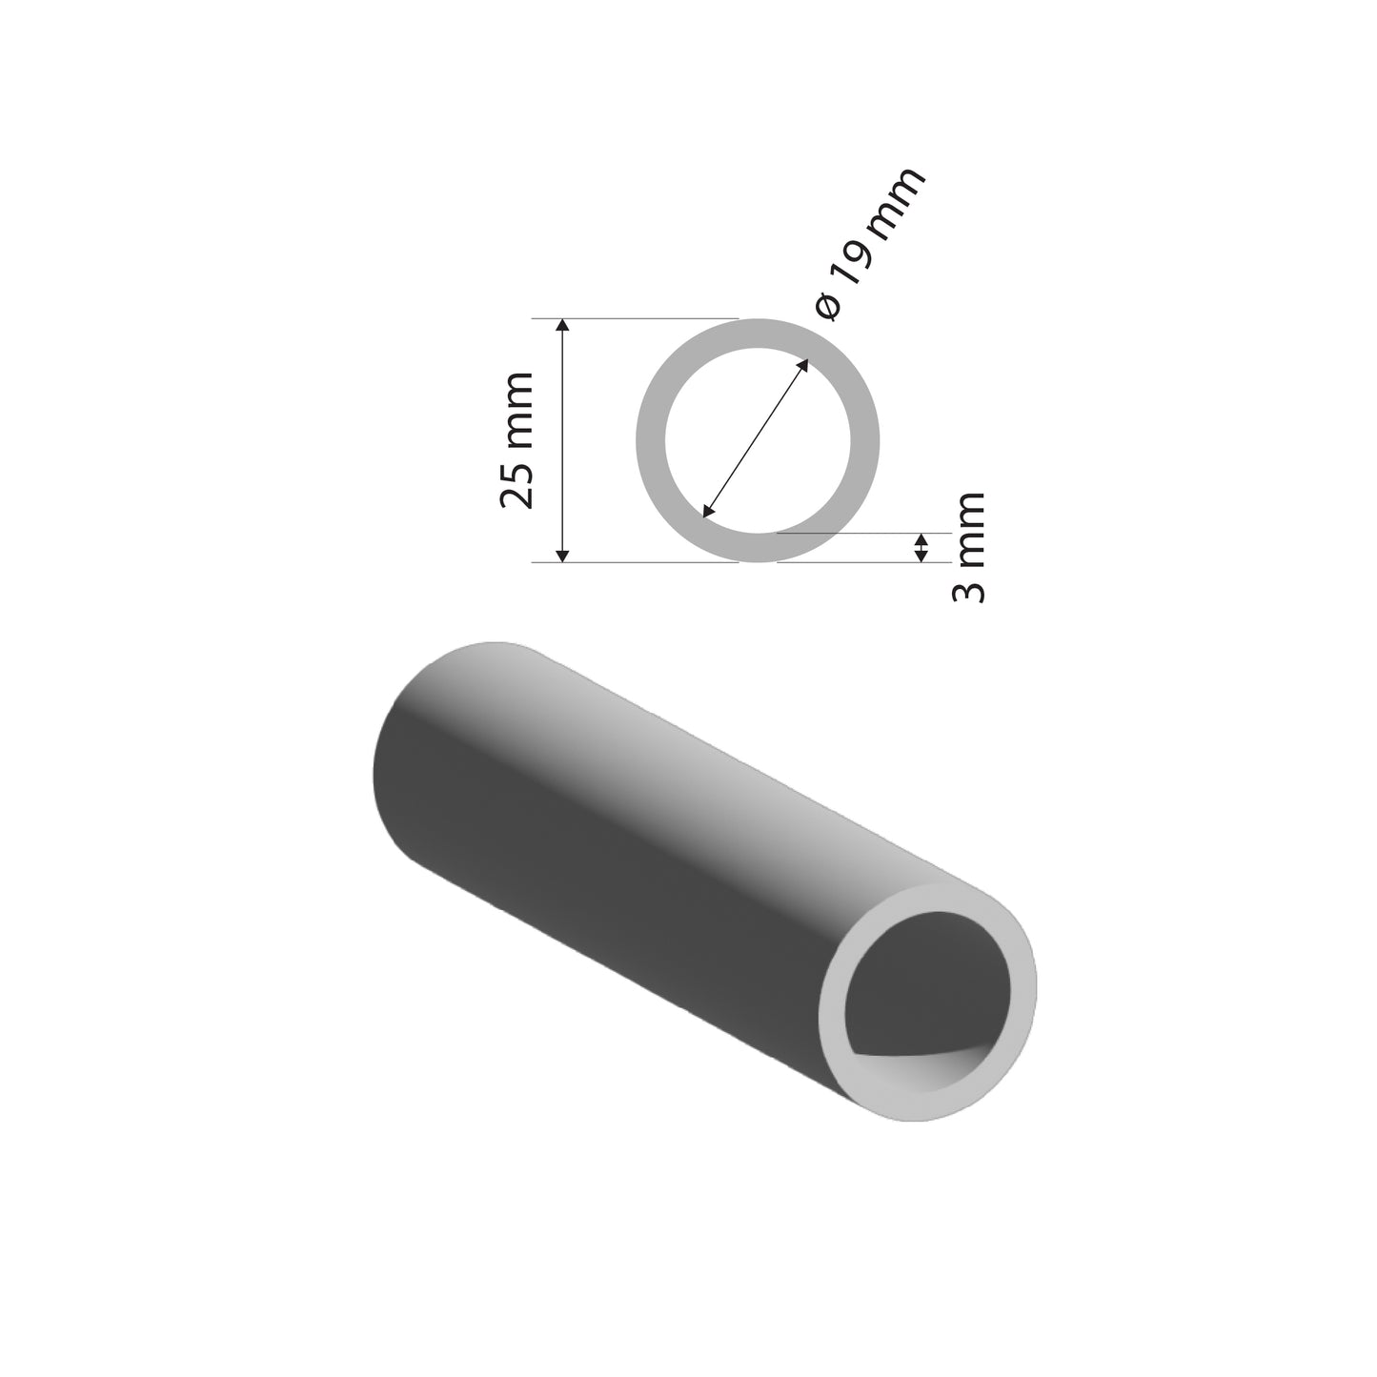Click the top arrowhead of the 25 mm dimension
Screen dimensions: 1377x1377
pos(562,326)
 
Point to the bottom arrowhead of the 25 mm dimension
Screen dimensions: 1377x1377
pos(562,555)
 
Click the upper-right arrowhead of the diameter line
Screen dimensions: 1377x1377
pos(804,364)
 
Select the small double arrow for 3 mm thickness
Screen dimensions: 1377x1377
pos(921,548)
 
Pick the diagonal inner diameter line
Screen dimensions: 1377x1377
pos(756,438)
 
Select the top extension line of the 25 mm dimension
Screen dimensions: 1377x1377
pos(648,318)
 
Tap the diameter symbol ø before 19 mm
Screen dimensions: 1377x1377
pos(828,307)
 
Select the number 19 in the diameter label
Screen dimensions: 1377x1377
pos(854,270)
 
